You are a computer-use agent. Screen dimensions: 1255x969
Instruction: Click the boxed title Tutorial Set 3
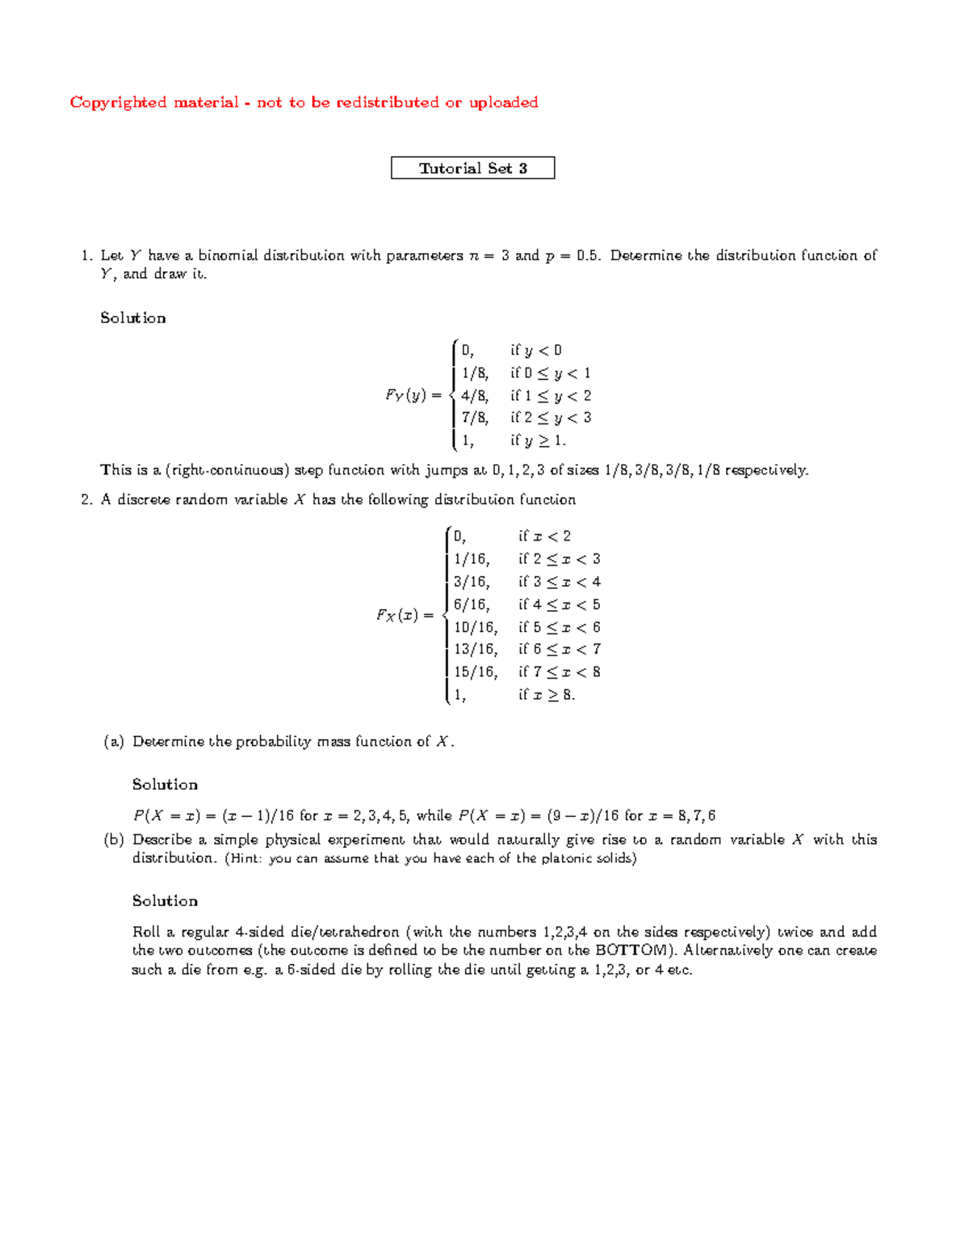click(472, 168)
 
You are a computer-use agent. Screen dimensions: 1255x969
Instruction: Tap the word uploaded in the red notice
click(503, 103)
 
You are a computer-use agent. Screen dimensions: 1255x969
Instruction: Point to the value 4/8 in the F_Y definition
click(474, 396)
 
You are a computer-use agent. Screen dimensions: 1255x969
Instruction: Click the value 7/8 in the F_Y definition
click(474, 418)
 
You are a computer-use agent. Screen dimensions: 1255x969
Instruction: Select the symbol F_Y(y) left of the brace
click(413, 396)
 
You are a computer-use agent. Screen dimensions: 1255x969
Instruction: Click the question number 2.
click(86, 500)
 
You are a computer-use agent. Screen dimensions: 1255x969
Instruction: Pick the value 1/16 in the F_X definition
click(471, 559)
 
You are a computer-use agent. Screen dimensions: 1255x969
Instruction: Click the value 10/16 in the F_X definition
click(475, 627)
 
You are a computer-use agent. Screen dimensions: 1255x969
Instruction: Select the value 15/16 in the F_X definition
click(475, 672)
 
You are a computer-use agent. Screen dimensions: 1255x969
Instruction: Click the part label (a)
click(113, 742)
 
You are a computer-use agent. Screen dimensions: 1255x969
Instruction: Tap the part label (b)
click(113, 840)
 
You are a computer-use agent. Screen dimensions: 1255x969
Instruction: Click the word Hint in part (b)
click(244, 859)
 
